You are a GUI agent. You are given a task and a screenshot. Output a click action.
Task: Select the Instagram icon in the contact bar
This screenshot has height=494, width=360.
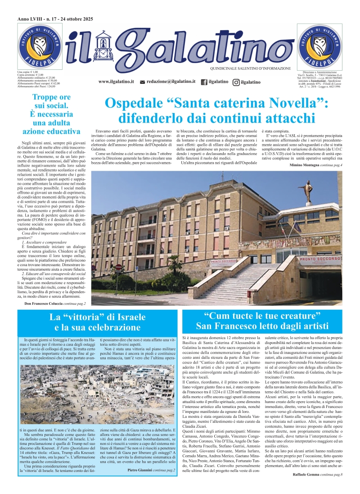click(236, 82)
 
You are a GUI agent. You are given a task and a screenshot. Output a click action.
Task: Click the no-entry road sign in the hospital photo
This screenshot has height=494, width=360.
click(118, 268)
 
